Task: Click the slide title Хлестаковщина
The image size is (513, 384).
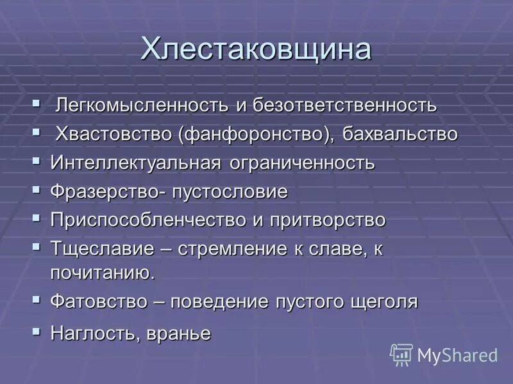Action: coord(256,49)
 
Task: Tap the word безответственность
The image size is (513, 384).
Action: coord(345,105)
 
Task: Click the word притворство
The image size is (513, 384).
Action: coord(327,220)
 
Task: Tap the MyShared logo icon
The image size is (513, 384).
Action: coord(401,354)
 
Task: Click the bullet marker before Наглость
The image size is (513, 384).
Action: coord(37,331)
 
